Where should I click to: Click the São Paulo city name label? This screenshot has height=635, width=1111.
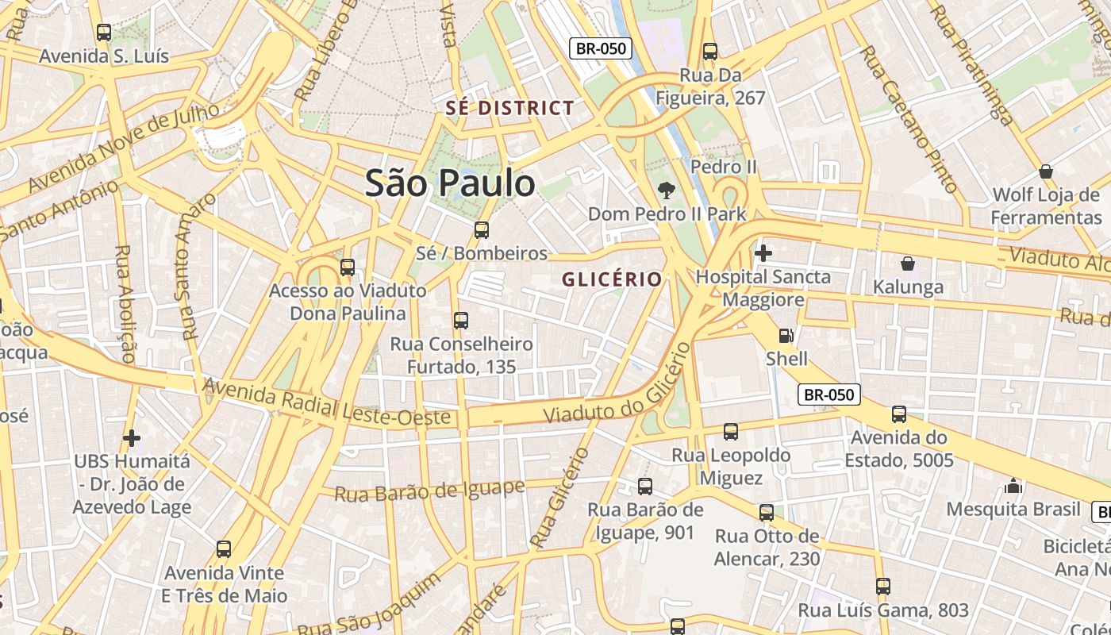coord(450,183)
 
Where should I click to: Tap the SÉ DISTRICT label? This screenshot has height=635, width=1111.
coord(509,108)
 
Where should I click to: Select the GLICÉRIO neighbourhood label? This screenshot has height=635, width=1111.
coord(612,279)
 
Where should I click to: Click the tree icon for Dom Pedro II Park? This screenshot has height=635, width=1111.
coord(667,190)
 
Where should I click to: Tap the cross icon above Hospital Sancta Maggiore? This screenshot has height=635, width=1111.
coord(763,253)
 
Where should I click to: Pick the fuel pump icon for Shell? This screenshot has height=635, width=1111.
coord(786,336)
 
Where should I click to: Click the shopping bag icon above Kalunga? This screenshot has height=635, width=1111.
coord(908,264)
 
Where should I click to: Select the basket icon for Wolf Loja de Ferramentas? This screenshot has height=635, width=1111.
coord(1046,171)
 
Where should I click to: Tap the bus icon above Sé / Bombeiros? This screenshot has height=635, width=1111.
coord(481,230)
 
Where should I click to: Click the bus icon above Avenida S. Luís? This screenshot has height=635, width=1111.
coord(104,33)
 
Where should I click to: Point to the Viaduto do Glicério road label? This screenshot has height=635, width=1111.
coord(613,386)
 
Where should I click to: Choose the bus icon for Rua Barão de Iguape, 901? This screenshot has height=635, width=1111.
coord(645,486)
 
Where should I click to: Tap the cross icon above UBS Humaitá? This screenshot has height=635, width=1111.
coord(132,437)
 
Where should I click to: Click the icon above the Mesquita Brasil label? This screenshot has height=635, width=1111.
coord(1013,485)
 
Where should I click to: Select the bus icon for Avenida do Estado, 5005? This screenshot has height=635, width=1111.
coord(898,414)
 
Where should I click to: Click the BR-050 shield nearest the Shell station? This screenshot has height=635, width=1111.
coord(828,394)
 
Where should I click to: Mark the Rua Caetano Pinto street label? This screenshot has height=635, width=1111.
coord(909,119)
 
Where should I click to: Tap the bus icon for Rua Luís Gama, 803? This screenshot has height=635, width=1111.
coord(883,587)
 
